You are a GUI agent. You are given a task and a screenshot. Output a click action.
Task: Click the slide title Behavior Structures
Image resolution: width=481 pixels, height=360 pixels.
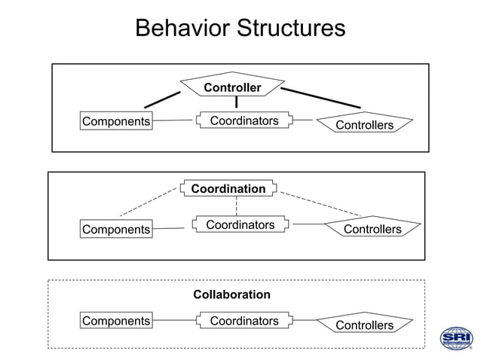point(240,28)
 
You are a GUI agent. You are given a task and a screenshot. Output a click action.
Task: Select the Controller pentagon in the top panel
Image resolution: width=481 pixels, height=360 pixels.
point(232,87)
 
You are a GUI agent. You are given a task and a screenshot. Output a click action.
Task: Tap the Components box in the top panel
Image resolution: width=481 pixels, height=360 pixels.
point(116,121)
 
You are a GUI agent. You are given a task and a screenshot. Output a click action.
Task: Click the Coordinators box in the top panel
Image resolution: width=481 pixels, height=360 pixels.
point(244,121)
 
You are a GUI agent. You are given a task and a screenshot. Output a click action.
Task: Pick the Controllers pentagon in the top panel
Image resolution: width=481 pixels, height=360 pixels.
point(364,124)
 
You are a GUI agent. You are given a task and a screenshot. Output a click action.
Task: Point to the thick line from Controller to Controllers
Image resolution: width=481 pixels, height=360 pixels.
point(320,98)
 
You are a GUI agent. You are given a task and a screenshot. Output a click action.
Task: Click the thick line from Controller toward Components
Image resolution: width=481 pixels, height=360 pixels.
point(162,99)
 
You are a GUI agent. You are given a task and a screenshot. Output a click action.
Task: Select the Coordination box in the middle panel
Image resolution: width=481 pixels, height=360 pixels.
point(228,188)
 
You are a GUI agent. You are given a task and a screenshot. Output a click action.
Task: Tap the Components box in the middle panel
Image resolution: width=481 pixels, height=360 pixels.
point(116,229)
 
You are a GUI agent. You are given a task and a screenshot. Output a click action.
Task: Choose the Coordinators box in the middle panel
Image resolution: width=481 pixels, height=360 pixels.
point(240,224)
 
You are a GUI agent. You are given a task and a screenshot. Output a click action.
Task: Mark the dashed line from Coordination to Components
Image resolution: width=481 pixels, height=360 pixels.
point(149,202)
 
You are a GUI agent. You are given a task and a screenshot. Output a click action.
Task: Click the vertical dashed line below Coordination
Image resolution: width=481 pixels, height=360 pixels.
point(236,206)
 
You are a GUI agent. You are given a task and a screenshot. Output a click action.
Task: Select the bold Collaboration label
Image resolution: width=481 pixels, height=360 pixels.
point(231,294)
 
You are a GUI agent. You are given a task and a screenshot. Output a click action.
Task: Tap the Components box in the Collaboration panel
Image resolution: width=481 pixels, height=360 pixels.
point(116,321)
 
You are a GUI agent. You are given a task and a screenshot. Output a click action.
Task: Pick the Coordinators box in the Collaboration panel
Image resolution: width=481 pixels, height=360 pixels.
point(244,321)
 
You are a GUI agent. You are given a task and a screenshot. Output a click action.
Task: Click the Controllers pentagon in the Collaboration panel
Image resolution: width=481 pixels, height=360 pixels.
point(364,325)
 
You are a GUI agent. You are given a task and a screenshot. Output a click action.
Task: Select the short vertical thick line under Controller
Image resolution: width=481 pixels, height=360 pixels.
point(236,102)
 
